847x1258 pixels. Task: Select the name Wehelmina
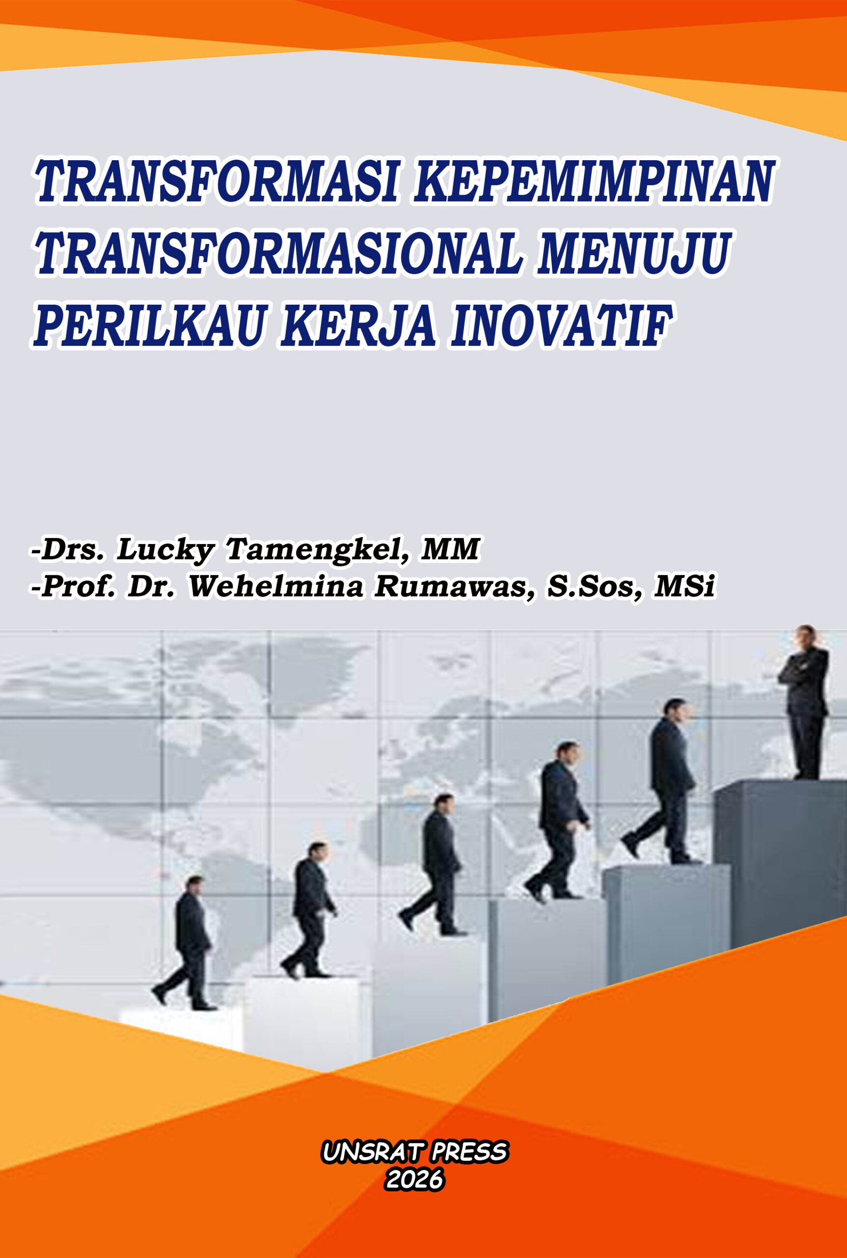tap(275, 587)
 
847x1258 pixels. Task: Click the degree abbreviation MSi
tap(684, 587)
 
